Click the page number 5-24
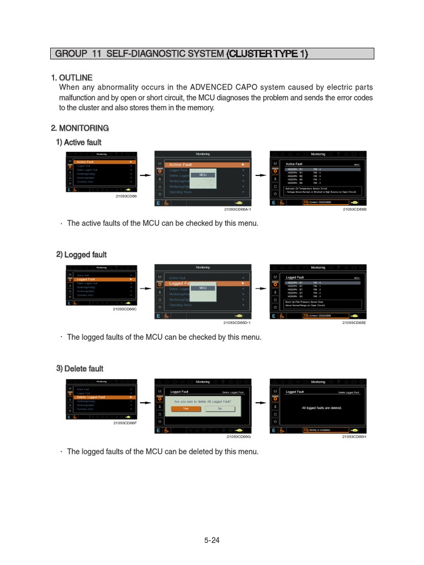coord(211,540)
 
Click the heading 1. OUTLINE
coord(72,77)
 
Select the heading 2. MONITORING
coord(79,128)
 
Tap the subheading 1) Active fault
coord(78,142)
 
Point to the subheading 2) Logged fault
coord(81,254)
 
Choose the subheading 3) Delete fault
coord(79,369)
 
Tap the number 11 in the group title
coord(99,54)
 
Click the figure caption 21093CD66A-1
coord(237,210)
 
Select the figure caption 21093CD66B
coord(354,210)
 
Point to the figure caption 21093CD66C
coord(125,309)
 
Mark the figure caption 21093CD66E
coord(354,323)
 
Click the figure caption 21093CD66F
coord(125,423)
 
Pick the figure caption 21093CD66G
coord(239,436)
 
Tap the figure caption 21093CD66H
coord(354,436)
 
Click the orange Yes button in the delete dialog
coord(185,409)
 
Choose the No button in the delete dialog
coord(220,409)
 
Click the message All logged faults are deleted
coord(322,408)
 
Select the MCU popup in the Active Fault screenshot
coord(203,175)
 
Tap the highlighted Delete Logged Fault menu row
coord(102,397)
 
